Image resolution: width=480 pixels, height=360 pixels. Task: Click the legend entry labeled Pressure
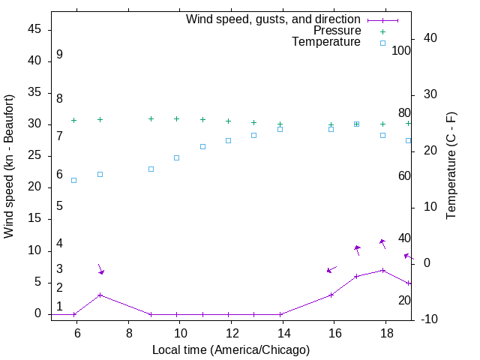pyautogui.click(x=337, y=31)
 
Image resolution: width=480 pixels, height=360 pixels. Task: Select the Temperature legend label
pyautogui.click(x=326, y=42)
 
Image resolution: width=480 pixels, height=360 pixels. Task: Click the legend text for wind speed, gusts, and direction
pyautogui.click(x=273, y=19)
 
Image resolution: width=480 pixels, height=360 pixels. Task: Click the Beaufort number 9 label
pyautogui.click(x=59, y=55)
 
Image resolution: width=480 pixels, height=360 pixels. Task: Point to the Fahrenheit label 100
pyautogui.click(x=402, y=51)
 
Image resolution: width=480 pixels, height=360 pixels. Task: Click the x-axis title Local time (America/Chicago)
pyautogui.click(x=230, y=349)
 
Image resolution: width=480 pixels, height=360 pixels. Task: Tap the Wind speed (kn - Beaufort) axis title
pyautogui.click(x=9, y=166)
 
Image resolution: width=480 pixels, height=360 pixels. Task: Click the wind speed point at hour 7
pyautogui.click(x=100, y=295)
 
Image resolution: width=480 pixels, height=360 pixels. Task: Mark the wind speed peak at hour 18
pyautogui.click(x=382, y=270)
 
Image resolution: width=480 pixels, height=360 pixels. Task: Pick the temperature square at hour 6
pyautogui.click(x=73, y=180)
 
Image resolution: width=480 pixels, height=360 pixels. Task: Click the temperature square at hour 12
pyautogui.click(x=228, y=140)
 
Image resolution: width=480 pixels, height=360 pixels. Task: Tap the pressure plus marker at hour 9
pyautogui.click(x=151, y=118)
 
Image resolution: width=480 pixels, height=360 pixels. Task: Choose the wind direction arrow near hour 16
pyautogui.click(x=331, y=268)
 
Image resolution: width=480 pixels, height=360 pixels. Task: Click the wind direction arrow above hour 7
pyautogui.click(x=100, y=268)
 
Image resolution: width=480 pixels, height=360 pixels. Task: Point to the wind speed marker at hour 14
pyautogui.click(x=280, y=314)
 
